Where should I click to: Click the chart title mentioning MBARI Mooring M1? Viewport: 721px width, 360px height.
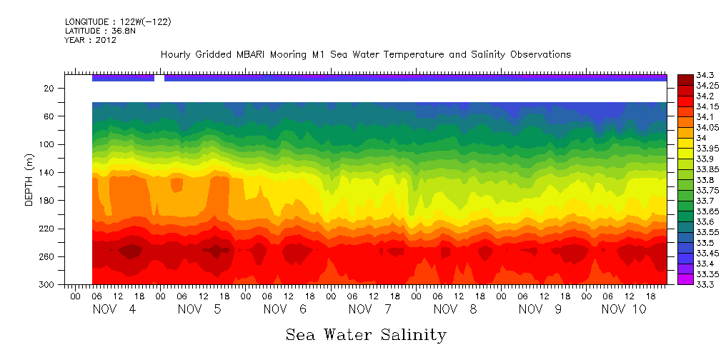(365, 55)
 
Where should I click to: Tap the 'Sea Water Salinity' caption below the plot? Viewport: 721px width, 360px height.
(366, 335)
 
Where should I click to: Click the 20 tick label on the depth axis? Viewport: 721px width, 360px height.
(50, 89)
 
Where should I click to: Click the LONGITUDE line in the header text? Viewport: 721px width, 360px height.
(118, 22)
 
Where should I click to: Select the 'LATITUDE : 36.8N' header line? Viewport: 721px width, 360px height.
(105, 31)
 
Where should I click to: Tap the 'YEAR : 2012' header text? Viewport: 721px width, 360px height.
(91, 41)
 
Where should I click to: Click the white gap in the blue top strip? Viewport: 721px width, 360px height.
(159, 78)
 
